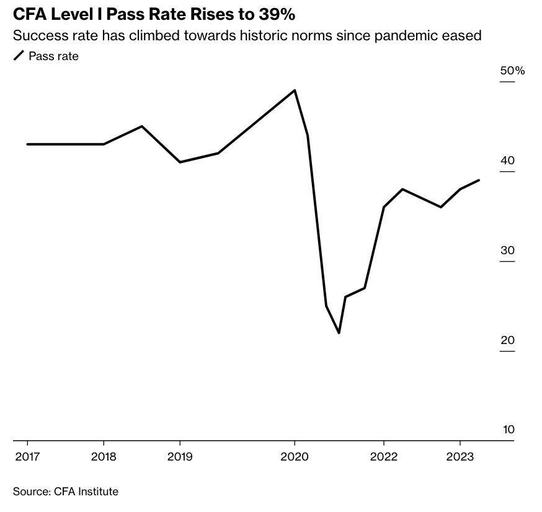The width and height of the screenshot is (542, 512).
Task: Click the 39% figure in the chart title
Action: pos(277,14)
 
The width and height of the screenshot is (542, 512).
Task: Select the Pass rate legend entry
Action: pos(53,56)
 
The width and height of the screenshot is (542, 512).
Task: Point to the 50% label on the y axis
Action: pos(512,71)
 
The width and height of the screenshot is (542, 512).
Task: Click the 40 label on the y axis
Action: pos(508,161)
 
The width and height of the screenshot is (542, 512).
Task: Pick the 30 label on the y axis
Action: pos(508,250)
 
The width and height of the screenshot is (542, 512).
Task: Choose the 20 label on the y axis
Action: pos(508,340)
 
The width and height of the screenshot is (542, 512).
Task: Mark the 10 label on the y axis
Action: pos(509,430)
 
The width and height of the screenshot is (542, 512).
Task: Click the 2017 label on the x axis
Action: pos(27,457)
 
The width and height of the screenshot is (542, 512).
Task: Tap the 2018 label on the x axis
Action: pos(104,457)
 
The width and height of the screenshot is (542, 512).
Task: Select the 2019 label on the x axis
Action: pos(180,457)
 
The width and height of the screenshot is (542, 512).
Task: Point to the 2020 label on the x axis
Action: pos(295,457)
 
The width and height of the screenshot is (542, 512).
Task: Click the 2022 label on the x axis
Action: pos(384,457)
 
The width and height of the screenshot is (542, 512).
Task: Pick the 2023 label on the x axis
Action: pos(460,457)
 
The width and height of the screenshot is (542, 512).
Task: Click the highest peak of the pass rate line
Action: pos(295,90)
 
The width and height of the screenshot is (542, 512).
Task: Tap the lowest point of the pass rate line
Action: pos(339,333)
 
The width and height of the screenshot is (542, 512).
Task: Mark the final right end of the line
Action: pos(479,180)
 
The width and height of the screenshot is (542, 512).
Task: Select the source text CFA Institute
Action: pos(86,492)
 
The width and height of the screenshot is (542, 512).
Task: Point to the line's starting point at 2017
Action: pos(27,144)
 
